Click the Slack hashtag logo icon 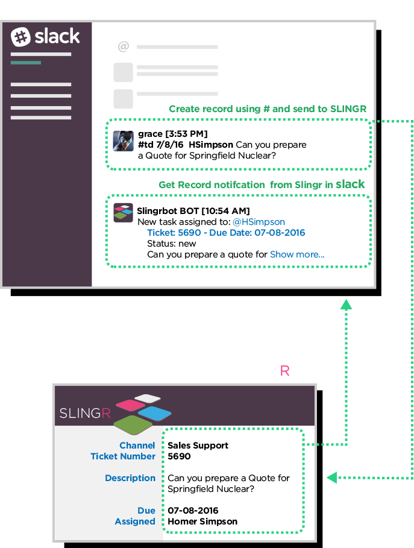tap(21, 37)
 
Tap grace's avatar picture tap(124, 141)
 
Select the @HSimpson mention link tap(259, 222)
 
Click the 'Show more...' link tap(297, 254)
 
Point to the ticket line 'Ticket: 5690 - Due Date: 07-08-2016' tap(226, 233)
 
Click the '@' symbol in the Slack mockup tap(124, 46)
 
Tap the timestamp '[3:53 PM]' tap(187, 134)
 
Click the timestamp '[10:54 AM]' tap(225, 211)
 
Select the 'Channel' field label tap(137, 446)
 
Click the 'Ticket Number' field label tap(123, 456)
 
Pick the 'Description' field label tap(130, 478)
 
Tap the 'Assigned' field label tap(135, 521)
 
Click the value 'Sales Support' tap(198, 446)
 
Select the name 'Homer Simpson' tap(202, 521)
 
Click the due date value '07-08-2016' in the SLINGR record tap(193, 511)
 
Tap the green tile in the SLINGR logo tap(133, 424)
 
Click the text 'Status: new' tap(172, 244)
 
